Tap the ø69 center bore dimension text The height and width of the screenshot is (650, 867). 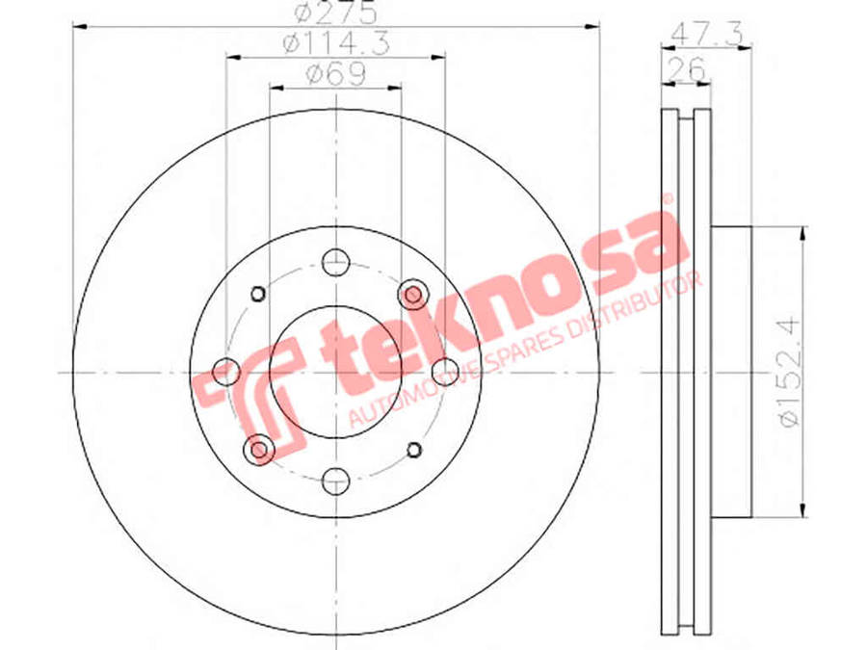pyautogui.click(x=336, y=74)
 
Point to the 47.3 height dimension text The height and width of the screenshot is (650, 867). pyautogui.click(x=706, y=36)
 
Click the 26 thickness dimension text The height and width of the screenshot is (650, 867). pyautogui.click(x=686, y=68)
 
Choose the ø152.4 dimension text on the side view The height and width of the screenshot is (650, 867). pyautogui.click(x=788, y=372)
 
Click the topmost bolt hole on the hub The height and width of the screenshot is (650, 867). pyautogui.click(x=336, y=263)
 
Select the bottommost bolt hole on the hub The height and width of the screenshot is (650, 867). pyautogui.click(x=336, y=481)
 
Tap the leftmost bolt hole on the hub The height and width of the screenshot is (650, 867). pyautogui.click(x=226, y=372)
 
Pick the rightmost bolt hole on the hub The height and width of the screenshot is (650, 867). pyautogui.click(x=445, y=372)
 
